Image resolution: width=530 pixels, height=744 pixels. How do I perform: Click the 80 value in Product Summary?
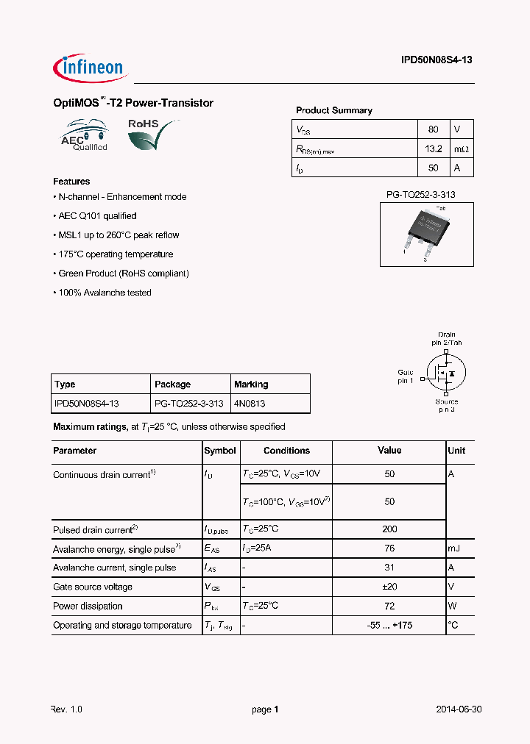pos(433,129)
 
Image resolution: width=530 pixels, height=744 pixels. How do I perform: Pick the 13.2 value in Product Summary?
pos(433,149)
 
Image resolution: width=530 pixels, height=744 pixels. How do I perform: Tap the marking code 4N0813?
pos(250,404)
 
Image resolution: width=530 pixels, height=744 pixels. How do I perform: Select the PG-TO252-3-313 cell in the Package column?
pos(189,404)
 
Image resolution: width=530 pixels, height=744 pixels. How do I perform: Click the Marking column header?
pos(251,384)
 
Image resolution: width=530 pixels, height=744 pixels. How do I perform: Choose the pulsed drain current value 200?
pos(389,529)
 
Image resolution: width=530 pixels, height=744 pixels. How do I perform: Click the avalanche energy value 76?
pos(389,548)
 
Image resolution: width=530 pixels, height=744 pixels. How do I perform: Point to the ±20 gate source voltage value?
pos(389,587)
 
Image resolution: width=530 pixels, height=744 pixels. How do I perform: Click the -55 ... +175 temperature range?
pos(389,626)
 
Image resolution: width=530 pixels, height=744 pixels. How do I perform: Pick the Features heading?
pos(71,182)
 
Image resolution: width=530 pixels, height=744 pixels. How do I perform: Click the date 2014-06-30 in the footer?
pos(459,709)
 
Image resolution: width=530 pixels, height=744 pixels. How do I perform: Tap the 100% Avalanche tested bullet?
pos(102,293)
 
